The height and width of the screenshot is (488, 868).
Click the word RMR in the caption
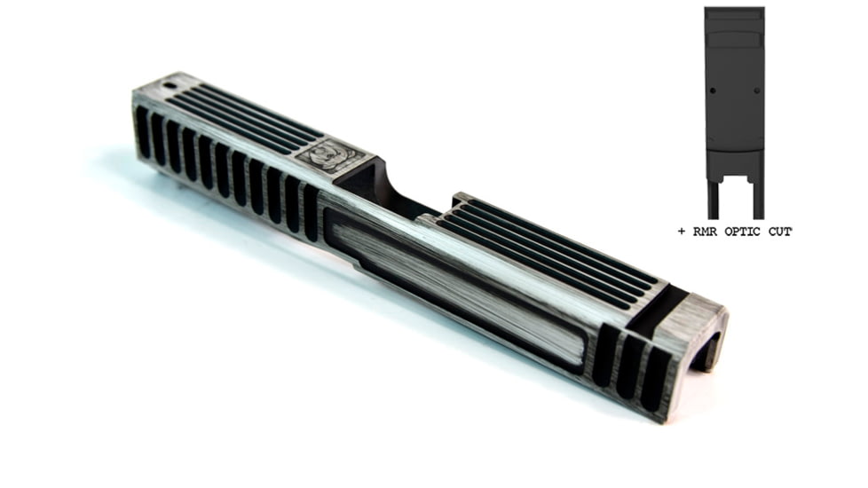(706, 232)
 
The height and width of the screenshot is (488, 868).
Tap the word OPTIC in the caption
(742, 232)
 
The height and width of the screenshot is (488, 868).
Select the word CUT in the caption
(779, 232)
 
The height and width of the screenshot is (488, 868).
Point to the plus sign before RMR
(682, 232)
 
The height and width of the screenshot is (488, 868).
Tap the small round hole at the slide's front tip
(170, 86)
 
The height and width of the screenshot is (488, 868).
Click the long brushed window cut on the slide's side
(454, 287)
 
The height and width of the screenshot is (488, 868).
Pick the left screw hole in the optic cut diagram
(713, 91)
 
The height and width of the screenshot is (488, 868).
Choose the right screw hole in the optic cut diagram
(757, 91)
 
